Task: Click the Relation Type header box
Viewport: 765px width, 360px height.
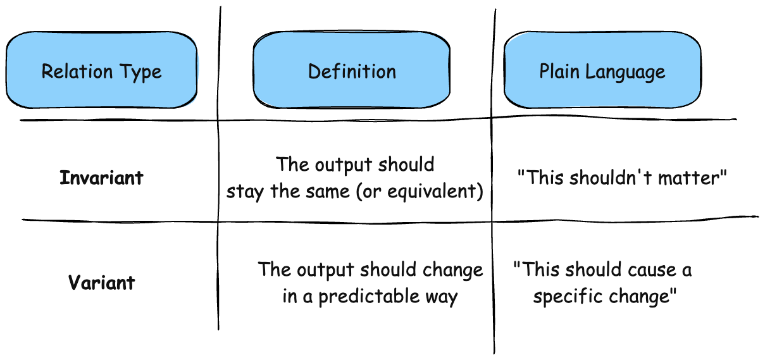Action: (x=102, y=70)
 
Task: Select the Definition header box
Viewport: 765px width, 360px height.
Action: (x=352, y=70)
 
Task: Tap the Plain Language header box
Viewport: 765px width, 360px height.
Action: (x=603, y=70)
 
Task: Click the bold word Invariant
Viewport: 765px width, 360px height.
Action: (x=101, y=178)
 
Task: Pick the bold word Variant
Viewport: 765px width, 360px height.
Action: (x=102, y=282)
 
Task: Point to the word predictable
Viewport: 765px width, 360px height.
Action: (x=369, y=296)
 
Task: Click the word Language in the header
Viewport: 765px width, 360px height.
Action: (x=625, y=72)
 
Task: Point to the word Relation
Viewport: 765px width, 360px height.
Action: (x=77, y=71)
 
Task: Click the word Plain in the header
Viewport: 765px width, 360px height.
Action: (x=559, y=71)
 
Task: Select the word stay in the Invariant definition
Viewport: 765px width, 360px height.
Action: (x=245, y=191)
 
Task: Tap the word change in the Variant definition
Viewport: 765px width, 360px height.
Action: (x=453, y=270)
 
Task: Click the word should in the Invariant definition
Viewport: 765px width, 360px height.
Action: (x=406, y=164)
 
